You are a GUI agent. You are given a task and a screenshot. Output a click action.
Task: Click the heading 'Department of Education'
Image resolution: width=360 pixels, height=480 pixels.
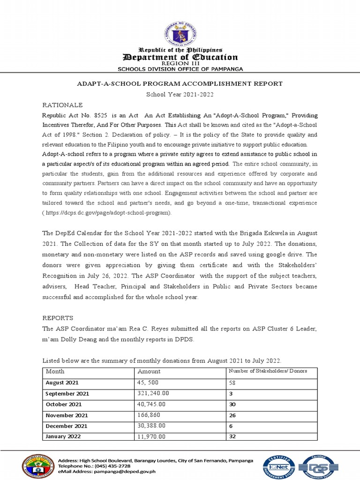(x=180, y=57)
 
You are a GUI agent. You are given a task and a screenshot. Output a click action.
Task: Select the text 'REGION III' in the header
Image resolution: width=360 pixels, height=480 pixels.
(x=180, y=63)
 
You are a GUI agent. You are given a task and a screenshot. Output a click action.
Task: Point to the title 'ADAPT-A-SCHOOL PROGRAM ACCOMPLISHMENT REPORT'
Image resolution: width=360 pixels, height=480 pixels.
(x=180, y=84)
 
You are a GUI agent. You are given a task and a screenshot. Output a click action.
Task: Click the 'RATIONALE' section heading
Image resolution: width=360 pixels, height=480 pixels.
(x=62, y=105)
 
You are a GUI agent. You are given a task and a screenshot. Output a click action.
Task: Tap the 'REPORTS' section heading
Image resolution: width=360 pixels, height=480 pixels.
(x=58, y=318)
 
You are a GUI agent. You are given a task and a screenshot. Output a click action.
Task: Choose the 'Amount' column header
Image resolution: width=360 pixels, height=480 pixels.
(x=149, y=371)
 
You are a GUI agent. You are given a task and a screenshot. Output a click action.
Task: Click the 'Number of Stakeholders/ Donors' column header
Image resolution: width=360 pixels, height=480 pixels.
(x=267, y=371)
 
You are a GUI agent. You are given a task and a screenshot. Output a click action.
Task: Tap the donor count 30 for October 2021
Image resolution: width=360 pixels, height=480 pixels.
(x=232, y=404)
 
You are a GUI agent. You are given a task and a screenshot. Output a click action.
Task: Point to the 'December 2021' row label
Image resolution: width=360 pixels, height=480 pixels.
(x=66, y=426)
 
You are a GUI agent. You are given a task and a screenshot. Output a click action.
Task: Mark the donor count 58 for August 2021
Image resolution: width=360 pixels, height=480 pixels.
(x=232, y=382)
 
